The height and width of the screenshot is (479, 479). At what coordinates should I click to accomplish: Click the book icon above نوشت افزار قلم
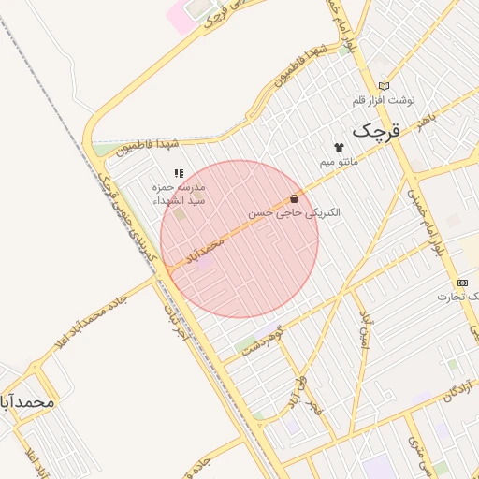coord(384,86)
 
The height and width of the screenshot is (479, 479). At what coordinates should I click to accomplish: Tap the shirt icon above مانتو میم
coord(339,147)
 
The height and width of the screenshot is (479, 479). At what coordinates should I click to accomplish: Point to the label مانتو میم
coord(339,161)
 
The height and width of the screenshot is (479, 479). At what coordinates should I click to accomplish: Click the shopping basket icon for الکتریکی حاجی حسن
coord(295,198)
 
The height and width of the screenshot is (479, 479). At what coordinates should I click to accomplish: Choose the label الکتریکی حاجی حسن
coord(295,213)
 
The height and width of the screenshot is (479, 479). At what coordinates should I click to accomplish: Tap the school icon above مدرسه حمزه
coord(179,173)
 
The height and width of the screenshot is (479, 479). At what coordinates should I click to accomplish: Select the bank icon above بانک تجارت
coord(462,283)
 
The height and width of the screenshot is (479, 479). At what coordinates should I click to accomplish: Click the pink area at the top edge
coord(180,16)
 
